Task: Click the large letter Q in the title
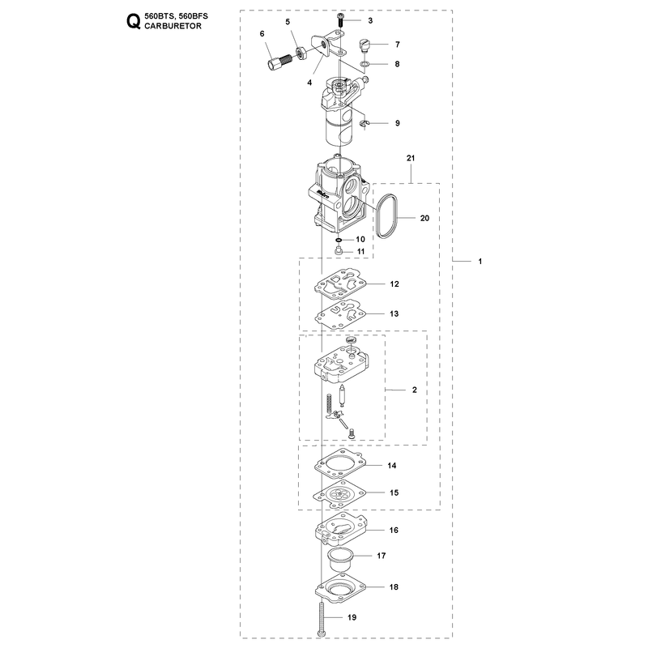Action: [133, 22]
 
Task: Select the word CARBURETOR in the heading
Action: [173, 26]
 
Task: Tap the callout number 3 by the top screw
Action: [370, 21]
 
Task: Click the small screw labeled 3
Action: [339, 19]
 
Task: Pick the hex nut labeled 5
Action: [301, 53]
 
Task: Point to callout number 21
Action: [411, 158]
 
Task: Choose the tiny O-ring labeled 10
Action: [339, 240]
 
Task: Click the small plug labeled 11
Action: [339, 250]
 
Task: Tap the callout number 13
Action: [394, 313]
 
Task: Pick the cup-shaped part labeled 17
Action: [339, 559]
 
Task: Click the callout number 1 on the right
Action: [480, 261]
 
